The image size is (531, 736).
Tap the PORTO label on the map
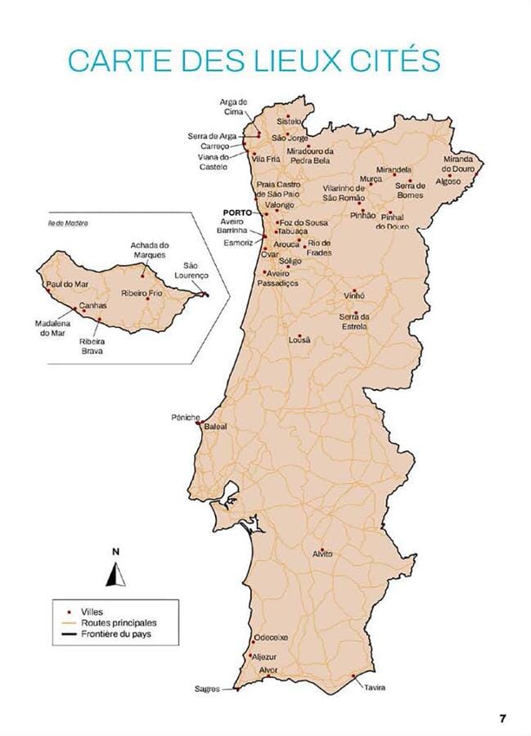236,212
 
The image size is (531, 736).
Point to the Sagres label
207,689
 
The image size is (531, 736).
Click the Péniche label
185,417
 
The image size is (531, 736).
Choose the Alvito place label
322,554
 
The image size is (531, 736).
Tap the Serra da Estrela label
354,321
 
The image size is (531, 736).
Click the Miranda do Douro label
459,164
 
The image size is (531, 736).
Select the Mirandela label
394,169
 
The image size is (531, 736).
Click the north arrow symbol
116,577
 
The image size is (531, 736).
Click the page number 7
503,717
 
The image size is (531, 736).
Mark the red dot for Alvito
322,549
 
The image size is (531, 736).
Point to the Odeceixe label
271,637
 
